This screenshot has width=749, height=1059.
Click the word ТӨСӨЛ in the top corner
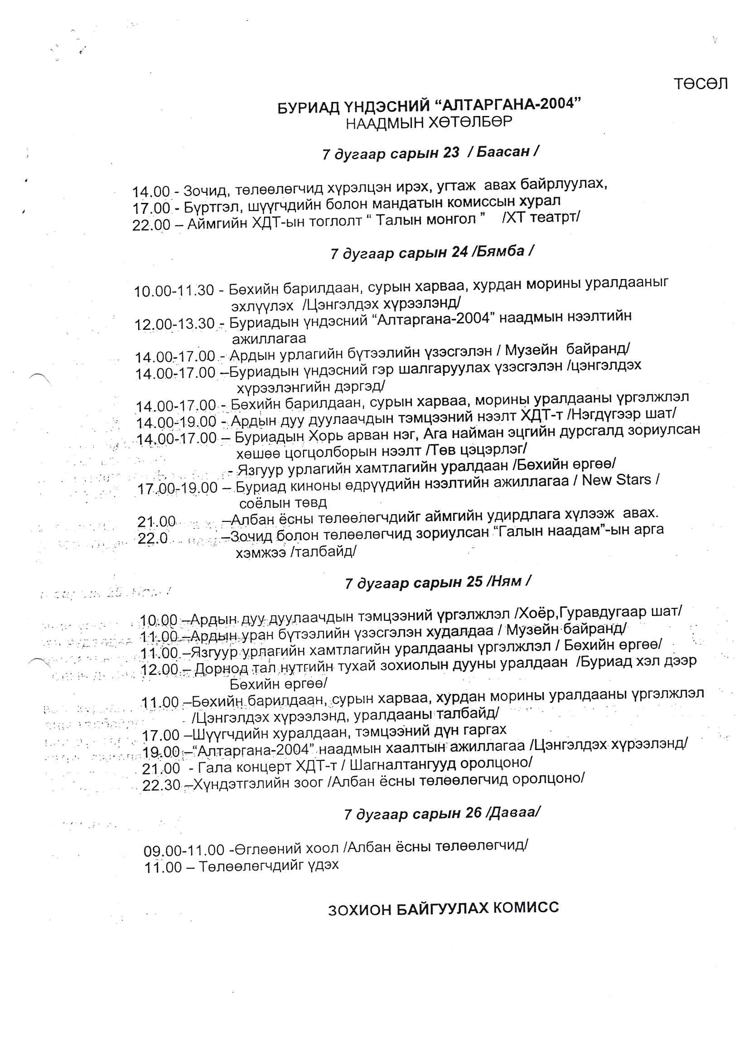pyautogui.click(x=700, y=84)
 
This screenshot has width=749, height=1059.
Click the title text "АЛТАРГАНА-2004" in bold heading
pyautogui.click(x=507, y=104)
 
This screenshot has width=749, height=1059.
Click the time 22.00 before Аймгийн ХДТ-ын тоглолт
pyautogui.click(x=151, y=225)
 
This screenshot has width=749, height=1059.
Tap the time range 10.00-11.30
pyautogui.click(x=174, y=291)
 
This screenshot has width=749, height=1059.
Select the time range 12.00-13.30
pyautogui.click(x=174, y=324)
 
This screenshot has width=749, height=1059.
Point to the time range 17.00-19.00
pyautogui.click(x=178, y=488)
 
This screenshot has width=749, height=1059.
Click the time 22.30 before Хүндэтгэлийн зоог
pyautogui.click(x=161, y=785)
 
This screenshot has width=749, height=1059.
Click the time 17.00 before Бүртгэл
pyautogui.click(x=151, y=208)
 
